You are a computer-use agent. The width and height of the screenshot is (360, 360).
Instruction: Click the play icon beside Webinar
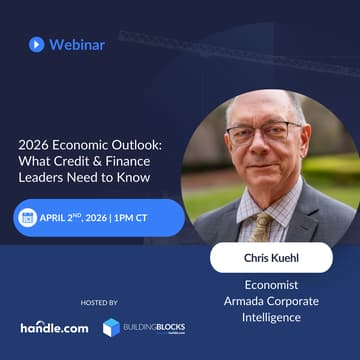[x=36, y=44]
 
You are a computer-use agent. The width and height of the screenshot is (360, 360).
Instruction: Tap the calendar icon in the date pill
[x=26, y=218]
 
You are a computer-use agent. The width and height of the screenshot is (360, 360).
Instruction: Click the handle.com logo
[x=54, y=327]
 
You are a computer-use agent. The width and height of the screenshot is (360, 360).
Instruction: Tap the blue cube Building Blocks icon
[x=111, y=327]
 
